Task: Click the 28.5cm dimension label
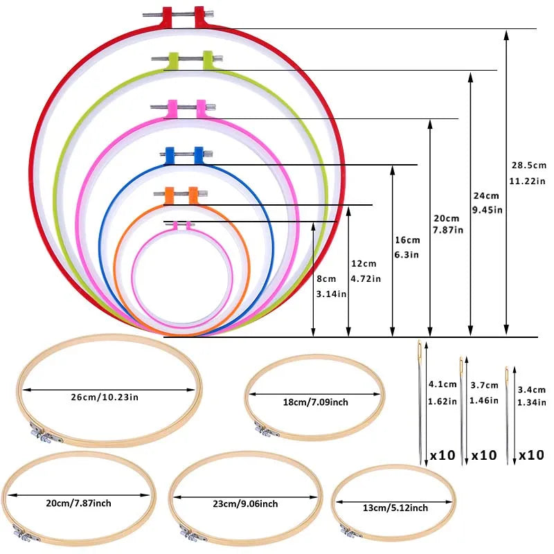pos(528,166)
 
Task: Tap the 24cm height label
pos(486,195)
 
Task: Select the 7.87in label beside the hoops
pos(447,229)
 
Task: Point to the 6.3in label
pos(407,255)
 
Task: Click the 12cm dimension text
pos(364,264)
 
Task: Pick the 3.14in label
pos(332,294)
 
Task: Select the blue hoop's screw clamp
pos(184,152)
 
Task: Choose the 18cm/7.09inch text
pos(315,401)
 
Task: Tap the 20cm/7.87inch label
pos(80,502)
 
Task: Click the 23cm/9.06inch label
pos(246,503)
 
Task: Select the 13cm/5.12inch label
pos(395,508)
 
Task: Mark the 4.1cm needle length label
pos(443,384)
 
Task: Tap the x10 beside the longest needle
pos(442,456)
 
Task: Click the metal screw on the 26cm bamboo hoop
pos(39,436)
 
